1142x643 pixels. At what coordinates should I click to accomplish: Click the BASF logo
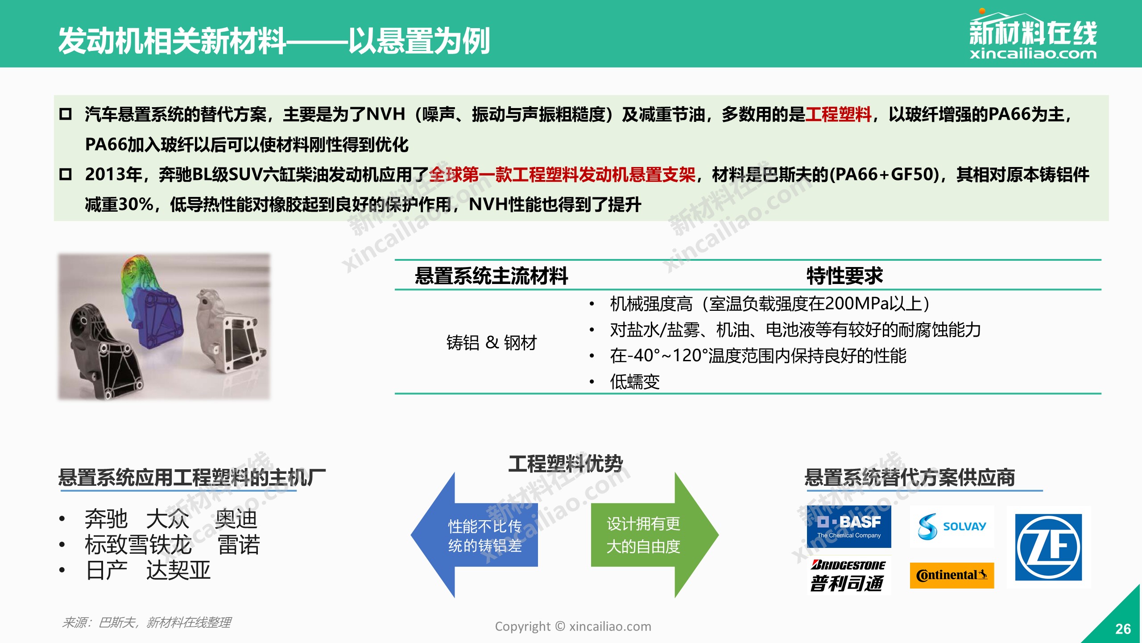pyautogui.click(x=848, y=527)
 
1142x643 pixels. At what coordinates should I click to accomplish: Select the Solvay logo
pyautogui.click(x=952, y=527)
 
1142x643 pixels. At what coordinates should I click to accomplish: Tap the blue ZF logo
pyautogui.click(x=1048, y=547)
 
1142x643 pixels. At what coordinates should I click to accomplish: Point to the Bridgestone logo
pyautogui.click(x=848, y=576)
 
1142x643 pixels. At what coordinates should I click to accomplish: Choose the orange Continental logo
pyautogui.click(x=952, y=575)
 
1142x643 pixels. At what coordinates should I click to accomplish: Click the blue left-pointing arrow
pyautogui.click(x=474, y=535)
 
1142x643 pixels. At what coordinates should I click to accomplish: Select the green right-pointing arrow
pyautogui.click(x=655, y=535)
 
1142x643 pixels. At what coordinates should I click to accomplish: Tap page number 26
pyautogui.click(x=1123, y=629)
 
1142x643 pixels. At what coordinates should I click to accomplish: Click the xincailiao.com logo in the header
pyautogui.click(x=1033, y=34)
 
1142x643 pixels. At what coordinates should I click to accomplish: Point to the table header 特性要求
pyautogui.click(x=844, y=276)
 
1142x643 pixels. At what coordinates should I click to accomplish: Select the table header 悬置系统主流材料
pyautogui.click(x=491, y=276)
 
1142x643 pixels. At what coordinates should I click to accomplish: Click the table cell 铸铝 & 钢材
pyautogui.click(x=492, y=342)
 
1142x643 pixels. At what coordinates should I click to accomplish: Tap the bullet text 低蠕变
pyautogui.click(x=635, y=382)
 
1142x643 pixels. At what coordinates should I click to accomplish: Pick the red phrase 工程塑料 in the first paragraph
pyautogui.click(x=838, y=114)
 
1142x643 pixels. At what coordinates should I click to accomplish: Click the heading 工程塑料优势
pyautogui.click(x=566, y=463)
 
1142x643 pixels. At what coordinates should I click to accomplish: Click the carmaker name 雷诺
pyautogui.click(x=239, y=545)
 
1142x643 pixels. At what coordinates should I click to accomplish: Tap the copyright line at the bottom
pyautogui.click(x=573, y=626)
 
